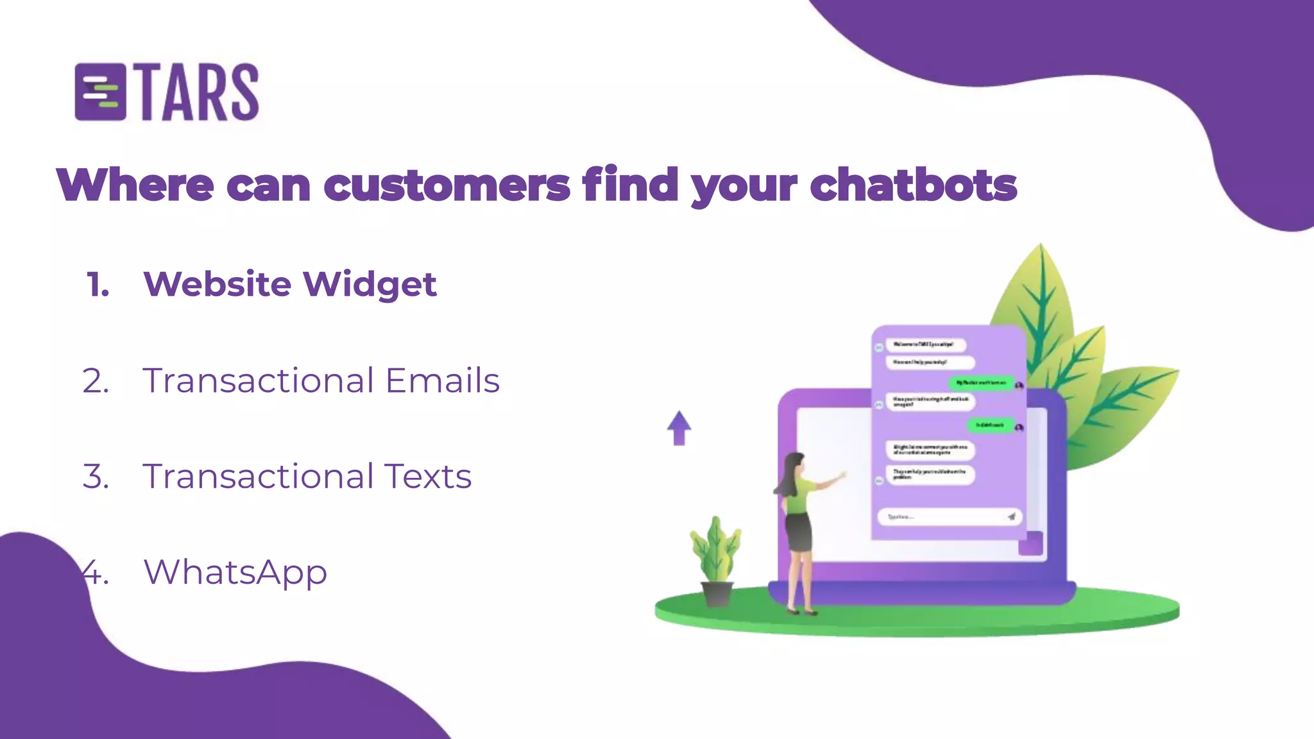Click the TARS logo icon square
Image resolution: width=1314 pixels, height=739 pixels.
click(x=100, y=92)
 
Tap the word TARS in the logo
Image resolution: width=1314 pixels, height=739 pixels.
click(x=199, y=92)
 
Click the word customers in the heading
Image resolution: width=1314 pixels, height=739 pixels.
click(x=447, y=186)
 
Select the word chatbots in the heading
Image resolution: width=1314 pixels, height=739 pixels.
click(x=913, y=186)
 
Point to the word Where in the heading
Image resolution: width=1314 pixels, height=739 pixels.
click(x=135, y=186)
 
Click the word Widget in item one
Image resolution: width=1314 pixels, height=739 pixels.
click(x=370, y=284)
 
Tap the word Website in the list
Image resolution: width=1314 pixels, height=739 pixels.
click(x=218, y=284)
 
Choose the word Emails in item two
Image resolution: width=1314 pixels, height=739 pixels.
click(x=442, y=380)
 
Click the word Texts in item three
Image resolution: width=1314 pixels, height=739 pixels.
click(x=428, y=477)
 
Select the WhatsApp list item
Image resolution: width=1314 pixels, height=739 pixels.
click(x=235, y=572)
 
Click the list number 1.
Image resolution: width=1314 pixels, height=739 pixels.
click(x=98, y=285)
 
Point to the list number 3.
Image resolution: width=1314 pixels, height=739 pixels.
click(x=96, y=477)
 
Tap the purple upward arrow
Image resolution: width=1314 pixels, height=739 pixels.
click(x=679, y=428)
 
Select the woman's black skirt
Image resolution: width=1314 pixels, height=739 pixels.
click(x=799, y=532)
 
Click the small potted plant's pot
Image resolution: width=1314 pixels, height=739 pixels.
click(x=717, y=594)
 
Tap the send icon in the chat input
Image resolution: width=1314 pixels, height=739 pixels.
click(x=1011, y=516)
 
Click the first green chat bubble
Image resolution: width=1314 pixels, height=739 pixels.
click(x=981, y=383)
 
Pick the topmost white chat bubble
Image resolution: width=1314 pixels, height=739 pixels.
click(x=925, y=344)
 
